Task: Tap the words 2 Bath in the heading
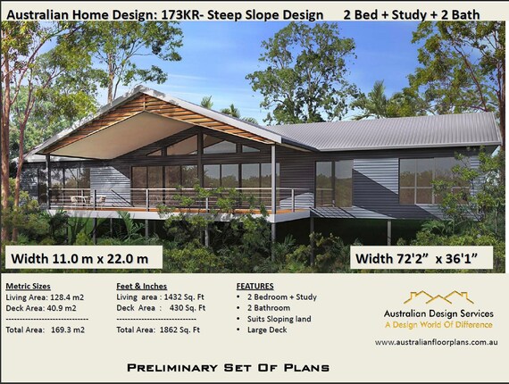point(460,14)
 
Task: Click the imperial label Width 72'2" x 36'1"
point(417,259)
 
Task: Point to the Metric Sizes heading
point(29,286)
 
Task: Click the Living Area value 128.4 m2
point(67,297)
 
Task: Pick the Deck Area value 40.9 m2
point(62,308)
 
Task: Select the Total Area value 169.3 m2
point(68,330)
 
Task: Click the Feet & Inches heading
point(141,286)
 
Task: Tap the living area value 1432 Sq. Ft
point(184,297)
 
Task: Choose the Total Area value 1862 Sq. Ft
point(179,330)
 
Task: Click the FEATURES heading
point(254,286)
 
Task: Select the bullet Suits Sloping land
point(280,319)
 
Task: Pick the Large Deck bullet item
point(267,330)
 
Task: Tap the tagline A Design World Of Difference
point(438,325)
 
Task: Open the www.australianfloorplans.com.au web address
point(437,342)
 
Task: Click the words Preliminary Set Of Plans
point(229,368)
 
